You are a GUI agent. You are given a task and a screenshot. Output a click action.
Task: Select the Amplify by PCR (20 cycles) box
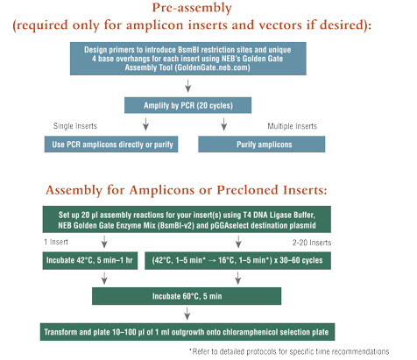(x=187, y=105)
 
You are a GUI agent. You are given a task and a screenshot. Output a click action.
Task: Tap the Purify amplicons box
(x=262, y=145)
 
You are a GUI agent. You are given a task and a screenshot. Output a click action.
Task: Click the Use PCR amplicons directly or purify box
(x=111, y=145)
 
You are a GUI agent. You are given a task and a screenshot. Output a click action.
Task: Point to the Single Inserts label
(x=75, y=126)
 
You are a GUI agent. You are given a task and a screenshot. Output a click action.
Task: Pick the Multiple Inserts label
(x=293, y=126)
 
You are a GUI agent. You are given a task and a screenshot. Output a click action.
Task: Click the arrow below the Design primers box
(x=188, y=86)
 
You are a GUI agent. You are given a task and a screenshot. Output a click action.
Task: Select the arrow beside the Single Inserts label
(x=145, y=124)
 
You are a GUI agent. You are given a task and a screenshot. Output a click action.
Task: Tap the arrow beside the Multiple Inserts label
(x=224, y=124)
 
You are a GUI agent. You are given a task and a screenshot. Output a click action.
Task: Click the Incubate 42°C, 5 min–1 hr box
(x=90, y=260)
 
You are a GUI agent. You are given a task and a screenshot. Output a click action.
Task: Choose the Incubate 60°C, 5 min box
(x=187, y=296)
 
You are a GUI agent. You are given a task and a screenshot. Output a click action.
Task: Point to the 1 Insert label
(x=56, y=242)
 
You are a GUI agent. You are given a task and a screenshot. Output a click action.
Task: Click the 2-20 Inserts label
(x=312, y=243)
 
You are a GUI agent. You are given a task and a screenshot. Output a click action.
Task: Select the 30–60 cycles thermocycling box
(x=237, y=260)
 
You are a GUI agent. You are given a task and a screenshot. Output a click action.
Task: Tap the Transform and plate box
(x=187, y=332)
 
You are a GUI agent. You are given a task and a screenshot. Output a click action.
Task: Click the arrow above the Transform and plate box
(x=187, y=314)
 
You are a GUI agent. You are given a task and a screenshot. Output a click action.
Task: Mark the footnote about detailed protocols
(x=289, y=351)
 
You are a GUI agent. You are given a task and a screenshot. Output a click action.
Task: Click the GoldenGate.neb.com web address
(x=213, y=67)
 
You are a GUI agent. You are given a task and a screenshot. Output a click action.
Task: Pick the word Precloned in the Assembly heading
(x=248, y=190)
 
